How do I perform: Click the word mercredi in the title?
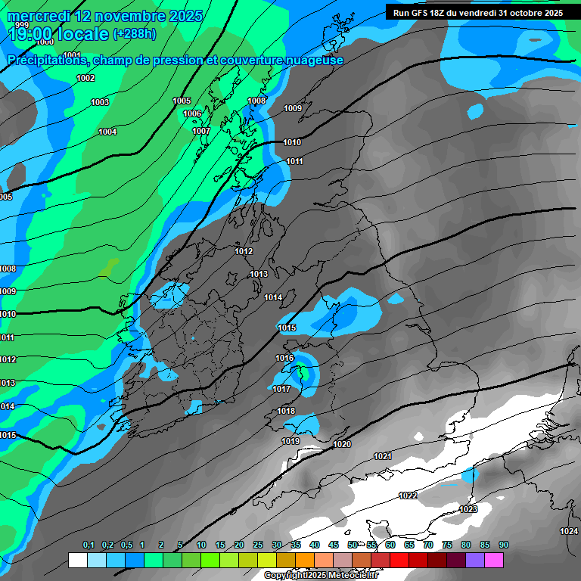[x=38, y=16]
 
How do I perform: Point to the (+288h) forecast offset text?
[x=135, y=34]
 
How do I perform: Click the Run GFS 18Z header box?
[x=477, y=12]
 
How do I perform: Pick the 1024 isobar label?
[x=569, y=531]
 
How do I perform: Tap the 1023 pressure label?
[x=468, y=509]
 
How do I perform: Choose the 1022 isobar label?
[x=407, y=496]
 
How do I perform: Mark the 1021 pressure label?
[x=383, y=456]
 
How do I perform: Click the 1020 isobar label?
[x=342, y=444]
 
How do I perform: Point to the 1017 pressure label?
[x=281, y=389]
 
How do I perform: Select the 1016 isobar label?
[x=284, y=358]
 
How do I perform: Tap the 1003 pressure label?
[x=100, y=102]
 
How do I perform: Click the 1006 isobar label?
[x=192, y=113]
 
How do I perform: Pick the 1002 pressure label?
[x=85, y=78]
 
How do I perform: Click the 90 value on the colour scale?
[x=503, y=545]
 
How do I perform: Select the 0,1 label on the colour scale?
[x=89, y=545]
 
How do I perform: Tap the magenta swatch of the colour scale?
[x=494, y=560]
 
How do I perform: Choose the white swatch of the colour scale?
[x=77, y=560]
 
